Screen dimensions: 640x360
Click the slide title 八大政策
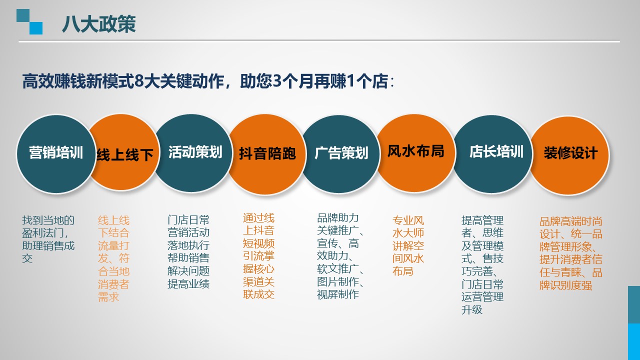pos(99,24)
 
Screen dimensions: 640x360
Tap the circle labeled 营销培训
pos(56,154)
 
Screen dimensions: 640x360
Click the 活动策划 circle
pos(193,153)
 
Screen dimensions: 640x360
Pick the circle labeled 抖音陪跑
pos(267,154)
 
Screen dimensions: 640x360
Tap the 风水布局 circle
pos(415,153)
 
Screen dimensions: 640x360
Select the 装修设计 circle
pos(569,155)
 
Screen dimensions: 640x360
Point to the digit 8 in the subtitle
pos(138,81)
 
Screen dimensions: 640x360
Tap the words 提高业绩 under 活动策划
pos(188,283)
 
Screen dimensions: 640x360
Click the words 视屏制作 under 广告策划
pos(338,294)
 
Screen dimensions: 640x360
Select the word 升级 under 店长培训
pos(472,309)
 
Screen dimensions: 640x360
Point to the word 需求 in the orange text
pos(108,297)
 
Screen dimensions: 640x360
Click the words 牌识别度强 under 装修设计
pos(565,285)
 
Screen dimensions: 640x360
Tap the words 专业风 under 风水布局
pos(408,220)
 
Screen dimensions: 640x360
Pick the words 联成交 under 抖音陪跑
pos(258,294)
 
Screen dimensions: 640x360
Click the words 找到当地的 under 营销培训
pos(48,220)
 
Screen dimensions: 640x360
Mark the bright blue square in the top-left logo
pos(36,28)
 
